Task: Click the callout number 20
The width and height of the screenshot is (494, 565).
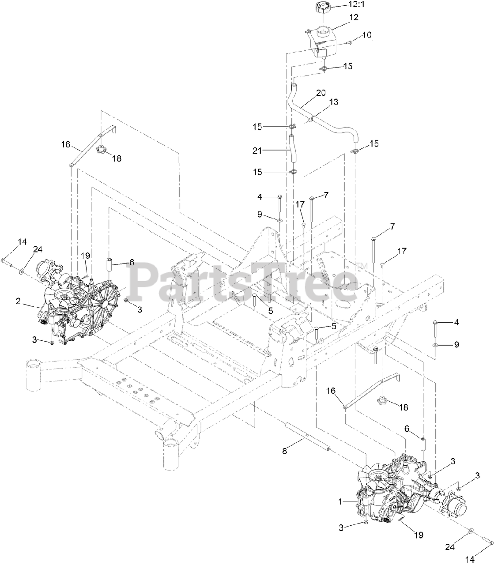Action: [321, 93]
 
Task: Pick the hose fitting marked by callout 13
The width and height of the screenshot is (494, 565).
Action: [312, 118]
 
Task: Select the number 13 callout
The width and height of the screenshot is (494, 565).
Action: [334, 102]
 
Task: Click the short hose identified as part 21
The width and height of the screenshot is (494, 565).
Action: [291, 150]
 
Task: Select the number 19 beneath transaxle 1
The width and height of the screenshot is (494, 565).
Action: [418, 535]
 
